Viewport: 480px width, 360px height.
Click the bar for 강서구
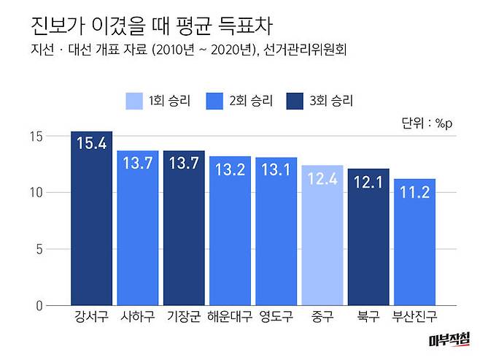click(x=91, y=219)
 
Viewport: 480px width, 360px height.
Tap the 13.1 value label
click(x=276, y=170)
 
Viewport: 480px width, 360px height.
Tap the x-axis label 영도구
click(x=276, y=318)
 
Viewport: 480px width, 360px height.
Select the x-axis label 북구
click(x=368, y=318)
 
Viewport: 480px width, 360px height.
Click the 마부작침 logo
click(x=450, y=340)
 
